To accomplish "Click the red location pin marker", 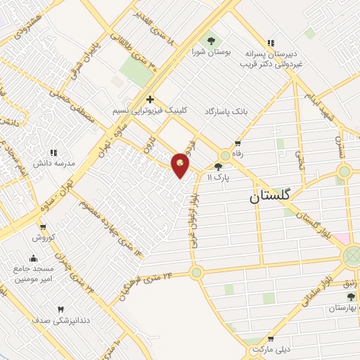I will pyautogui.click(x=181, y=164).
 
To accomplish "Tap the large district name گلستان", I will pyautogui.click(x=274, y=198).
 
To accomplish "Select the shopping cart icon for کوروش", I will pyautogui.click(x=43, y=227).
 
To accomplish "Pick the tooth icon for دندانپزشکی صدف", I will pyautogui.click(x=60, y=309).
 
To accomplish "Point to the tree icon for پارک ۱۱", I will pyautogui.click(x=218, y=167).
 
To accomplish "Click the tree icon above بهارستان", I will pyautogui.click(x=352, y=297).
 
